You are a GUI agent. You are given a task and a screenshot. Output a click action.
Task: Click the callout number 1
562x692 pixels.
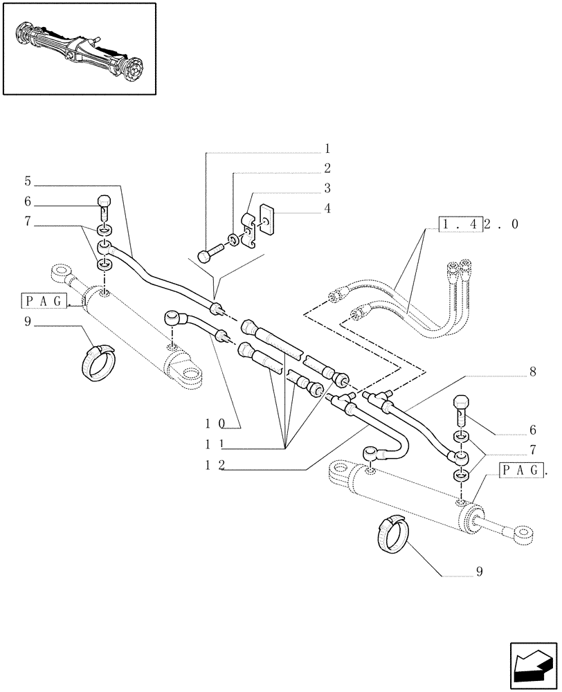(327, 149)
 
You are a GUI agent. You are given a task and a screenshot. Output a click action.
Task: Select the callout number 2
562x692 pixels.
(327, 168)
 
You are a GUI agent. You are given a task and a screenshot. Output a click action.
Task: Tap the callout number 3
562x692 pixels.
(327, 188)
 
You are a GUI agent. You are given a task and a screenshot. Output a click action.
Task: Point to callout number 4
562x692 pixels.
(327, 208)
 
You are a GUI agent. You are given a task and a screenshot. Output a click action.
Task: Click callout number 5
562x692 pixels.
(28, 181)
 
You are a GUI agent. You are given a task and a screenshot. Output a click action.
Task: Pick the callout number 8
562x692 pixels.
(533, 372)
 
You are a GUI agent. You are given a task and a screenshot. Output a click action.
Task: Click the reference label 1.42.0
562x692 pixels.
(478, 224)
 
